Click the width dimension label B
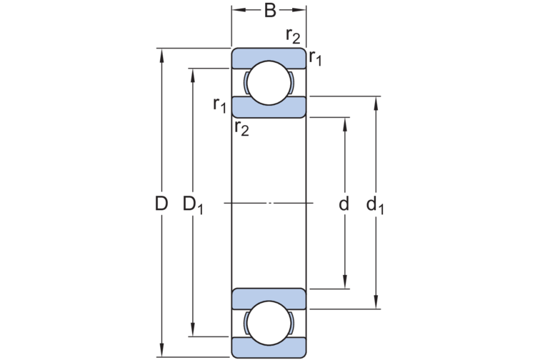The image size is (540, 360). (270, 10)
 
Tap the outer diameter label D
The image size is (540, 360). (161, 204)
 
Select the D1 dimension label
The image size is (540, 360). (193, 205)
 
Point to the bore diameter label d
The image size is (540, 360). (344, 204)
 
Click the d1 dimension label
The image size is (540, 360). (375, 205)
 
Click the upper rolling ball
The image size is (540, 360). (269, 83)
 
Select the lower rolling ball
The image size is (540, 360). (269, 323)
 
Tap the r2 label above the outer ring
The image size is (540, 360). (293, 36)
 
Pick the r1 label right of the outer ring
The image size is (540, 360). (316, 58)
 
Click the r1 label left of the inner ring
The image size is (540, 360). (220, 105)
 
